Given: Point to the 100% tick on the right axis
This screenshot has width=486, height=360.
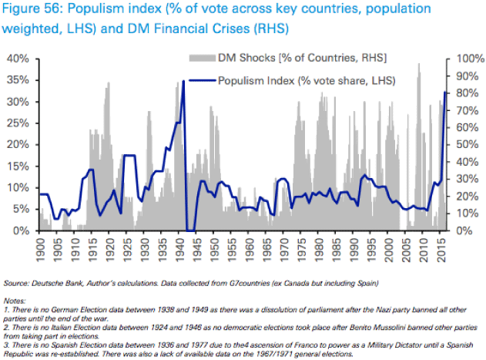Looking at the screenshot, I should pos(464,59).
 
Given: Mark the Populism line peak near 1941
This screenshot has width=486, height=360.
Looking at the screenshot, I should pos(183,80).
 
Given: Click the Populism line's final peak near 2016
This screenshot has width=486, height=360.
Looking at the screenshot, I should pos(446,93).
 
